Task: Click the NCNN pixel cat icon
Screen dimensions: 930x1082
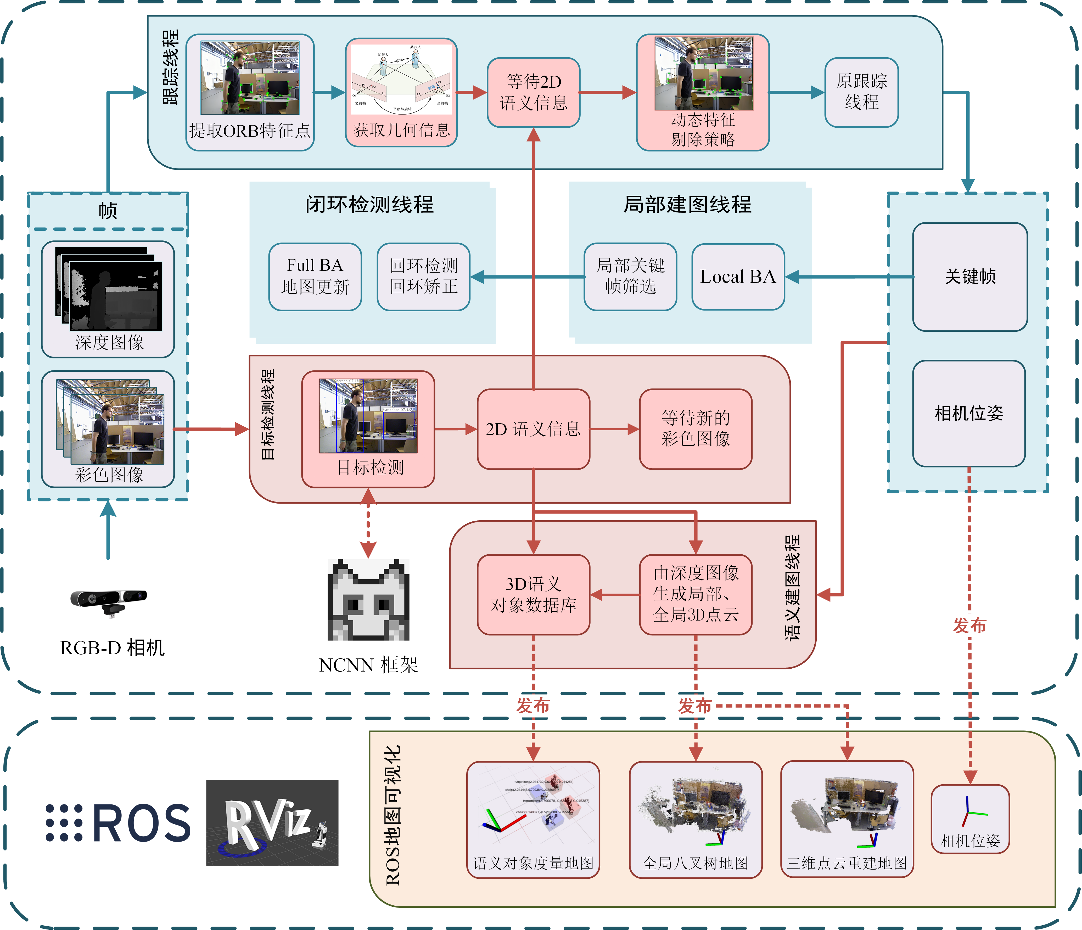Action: click(368, 600)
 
